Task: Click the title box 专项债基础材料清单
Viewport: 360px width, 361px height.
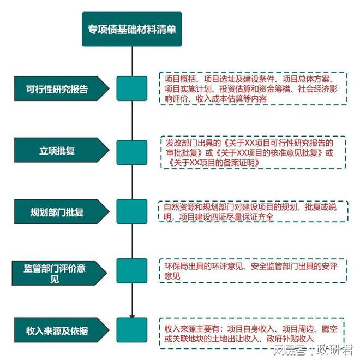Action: (x=131, y=29)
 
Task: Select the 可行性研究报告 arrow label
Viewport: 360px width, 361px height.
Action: (x=62, y=88)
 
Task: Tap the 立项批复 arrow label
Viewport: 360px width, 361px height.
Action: (x=62, y=150)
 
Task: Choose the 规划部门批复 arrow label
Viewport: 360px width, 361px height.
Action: (x=62, y=211)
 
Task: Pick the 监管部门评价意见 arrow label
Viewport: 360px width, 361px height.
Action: (x=59, y=273)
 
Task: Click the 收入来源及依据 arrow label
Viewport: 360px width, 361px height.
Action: (x=62, y=330)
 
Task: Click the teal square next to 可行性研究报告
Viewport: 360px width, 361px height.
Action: (x=131, y=88)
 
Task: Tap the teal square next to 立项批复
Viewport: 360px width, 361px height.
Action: (x=131, y=152)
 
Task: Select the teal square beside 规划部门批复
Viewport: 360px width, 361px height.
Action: (x=131, y=211)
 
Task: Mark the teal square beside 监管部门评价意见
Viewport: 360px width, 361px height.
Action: (x=131, y=271)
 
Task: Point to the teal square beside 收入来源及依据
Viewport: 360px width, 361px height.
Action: (x=131, y=330)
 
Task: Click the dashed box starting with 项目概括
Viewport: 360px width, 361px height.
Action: (x=253, y=88)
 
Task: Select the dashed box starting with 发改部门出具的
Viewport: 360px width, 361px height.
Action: (x=253, y=152)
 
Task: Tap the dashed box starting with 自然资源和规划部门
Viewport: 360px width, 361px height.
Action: (x=253, y=211)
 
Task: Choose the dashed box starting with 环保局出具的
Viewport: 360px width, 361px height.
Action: (x=253, y=271)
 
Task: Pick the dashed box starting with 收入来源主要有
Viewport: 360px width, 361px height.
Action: (x=251, y=333)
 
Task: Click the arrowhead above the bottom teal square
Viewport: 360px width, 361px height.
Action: (x=132, y=317)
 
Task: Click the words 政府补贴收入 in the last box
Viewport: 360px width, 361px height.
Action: (x=290, y=339)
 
